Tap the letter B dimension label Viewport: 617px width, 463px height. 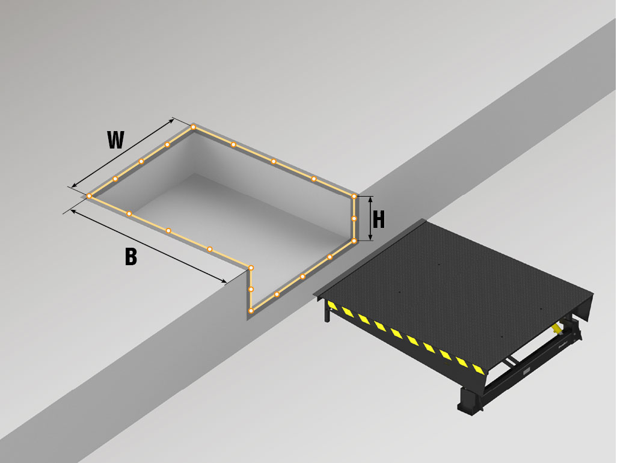[x=131, y=257]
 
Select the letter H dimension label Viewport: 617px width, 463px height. [x=378, y=219]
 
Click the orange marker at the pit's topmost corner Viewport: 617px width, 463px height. [x=193, y=127]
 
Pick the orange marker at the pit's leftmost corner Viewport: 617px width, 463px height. [x=90, y=196]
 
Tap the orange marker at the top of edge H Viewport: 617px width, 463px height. [x=354, y=196]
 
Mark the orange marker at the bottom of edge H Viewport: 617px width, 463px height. [x=354, y=241]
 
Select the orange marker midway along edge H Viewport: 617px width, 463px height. [x=354, y=218]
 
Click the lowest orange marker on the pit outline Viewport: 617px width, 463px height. [x=251, y=311]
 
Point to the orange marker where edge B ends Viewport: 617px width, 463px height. [x=251, y=268]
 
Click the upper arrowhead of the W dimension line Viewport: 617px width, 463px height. [x=171, y=121]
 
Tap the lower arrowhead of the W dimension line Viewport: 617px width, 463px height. [x=75, y=185]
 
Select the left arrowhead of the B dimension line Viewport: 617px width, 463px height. [x=73, y=212]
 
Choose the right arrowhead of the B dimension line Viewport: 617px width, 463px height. [x=224, y=280]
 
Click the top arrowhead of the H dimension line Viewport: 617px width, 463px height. [x=370, y=200]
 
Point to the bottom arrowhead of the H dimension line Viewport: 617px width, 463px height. [x=370, y=237]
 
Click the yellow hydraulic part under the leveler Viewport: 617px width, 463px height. [x=557, y=328]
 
